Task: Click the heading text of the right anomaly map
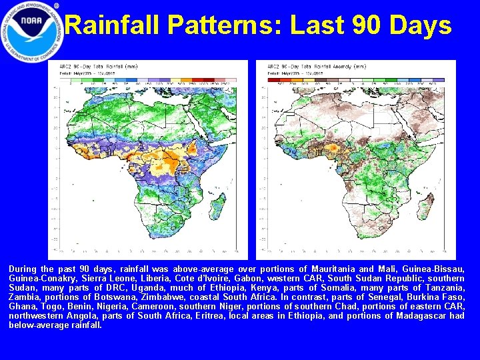pos(316,68)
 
